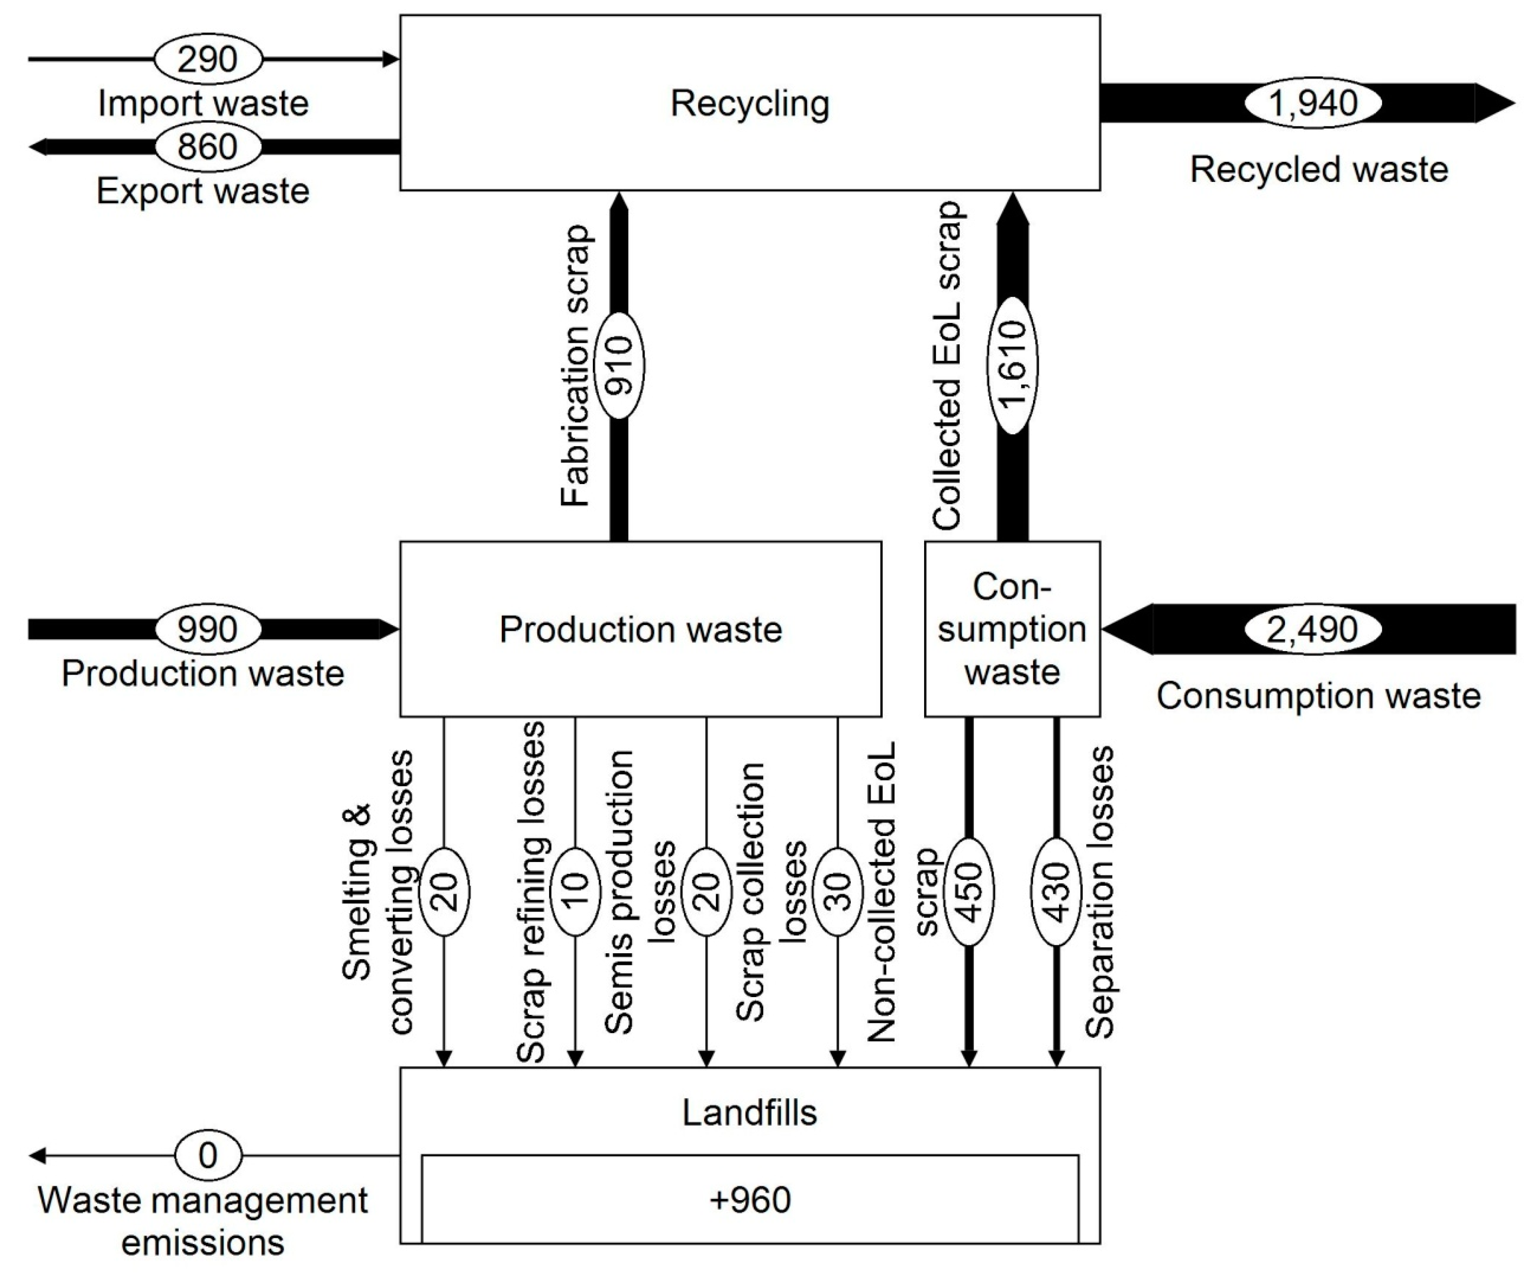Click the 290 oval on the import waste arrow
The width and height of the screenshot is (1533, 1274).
coord(208,59)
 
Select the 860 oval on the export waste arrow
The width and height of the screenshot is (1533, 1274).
coord(208,147)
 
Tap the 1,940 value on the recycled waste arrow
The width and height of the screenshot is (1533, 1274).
coord(1313,103)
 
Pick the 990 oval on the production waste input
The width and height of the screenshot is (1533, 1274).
coord(208,629)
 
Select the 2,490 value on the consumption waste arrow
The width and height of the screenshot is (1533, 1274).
coord(1313,629)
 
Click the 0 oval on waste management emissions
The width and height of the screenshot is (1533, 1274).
coord(208,1155)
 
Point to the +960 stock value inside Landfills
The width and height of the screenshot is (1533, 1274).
coord(750,1200)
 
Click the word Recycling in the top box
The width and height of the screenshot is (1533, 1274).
coord(750,103)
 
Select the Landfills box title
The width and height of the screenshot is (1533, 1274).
coord(750,1113)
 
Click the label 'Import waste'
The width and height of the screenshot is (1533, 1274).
coord(203,103)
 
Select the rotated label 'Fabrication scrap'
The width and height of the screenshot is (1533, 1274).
coord(575,365)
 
